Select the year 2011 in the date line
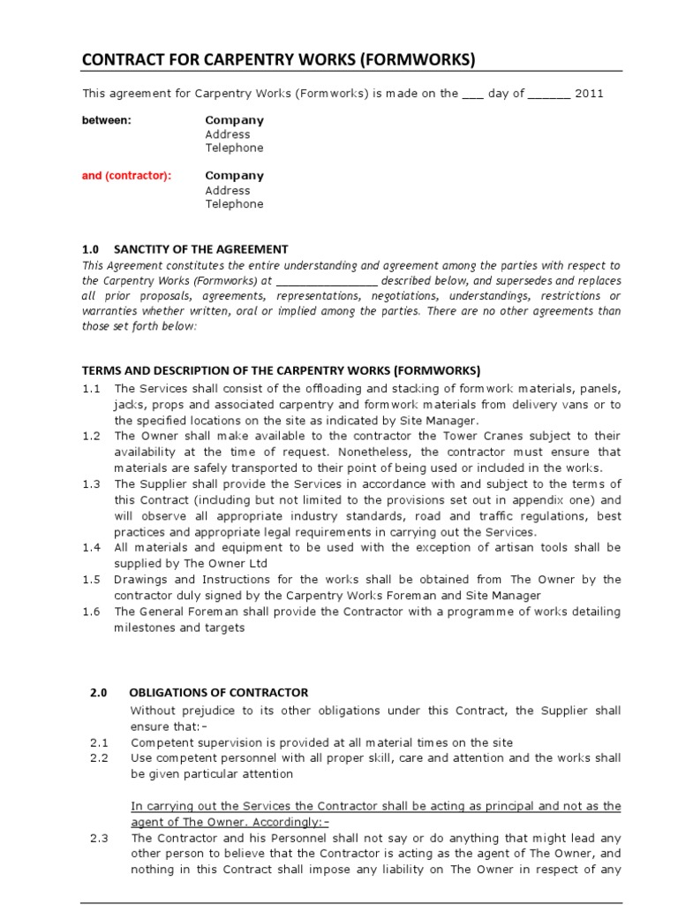click(x=589, y=93)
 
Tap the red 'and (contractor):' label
click(x=126, y=176)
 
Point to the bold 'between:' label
click(x=106, y=120)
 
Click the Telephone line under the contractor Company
click(x=234, y=204)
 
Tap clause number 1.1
click(x=92, y=389)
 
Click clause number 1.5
click(x=92, y=580)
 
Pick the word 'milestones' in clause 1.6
click(x=144, y=627)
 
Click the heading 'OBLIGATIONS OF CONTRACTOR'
click(x=219, y=693)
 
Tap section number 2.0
click(x=98, y=693)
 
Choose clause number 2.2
click(x=99, y=758)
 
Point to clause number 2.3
click(x=99, y=838)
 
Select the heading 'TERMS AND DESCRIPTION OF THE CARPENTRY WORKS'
click(x=281, y=370)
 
